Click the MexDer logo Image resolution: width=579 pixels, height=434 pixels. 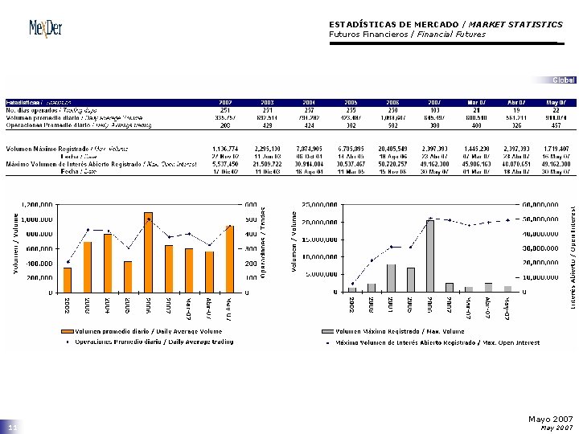click(45, 29)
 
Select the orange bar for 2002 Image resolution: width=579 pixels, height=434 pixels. click(68, 280)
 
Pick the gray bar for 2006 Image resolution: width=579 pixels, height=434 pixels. click(430, 256)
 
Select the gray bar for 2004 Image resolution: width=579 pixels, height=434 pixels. click(391, 277)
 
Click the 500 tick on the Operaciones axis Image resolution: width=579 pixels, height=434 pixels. click(251, 219)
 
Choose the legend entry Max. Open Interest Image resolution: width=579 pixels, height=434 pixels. click(425, 342)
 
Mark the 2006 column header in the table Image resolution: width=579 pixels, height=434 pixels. click(392, 103)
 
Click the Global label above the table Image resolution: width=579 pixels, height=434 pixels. click(564, 80)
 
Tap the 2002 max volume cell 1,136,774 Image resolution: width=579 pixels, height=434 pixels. click(226, 149)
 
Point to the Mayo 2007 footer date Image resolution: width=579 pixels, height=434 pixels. click(551, 419)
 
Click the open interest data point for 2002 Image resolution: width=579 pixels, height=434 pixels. click(351, 284)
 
